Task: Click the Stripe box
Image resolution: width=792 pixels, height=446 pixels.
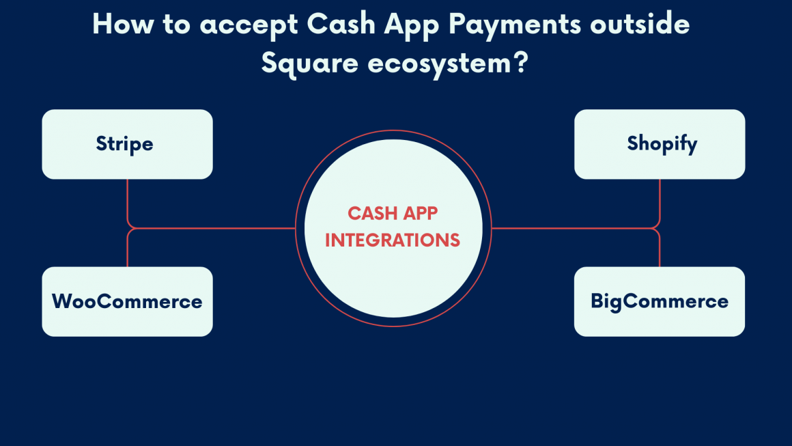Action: (x=127, y=144)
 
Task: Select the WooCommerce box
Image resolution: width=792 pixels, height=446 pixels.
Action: (x=127, y=301)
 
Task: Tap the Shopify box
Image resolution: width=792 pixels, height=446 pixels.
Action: (x=660, y=144)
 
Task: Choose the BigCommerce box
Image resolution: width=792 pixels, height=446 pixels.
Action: (x=660, y=301)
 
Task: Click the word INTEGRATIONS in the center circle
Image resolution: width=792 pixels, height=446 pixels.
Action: (x=393, y=240)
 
